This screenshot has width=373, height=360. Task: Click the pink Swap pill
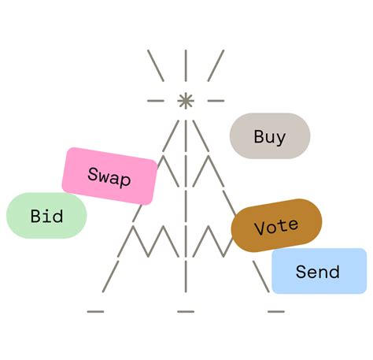[x=109, y=176]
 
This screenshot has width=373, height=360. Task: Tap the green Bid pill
[x=46, y=215]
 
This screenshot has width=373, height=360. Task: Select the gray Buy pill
[x=270, y=136]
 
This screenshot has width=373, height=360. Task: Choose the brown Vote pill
[x=276, y=226]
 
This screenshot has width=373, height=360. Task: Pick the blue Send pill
[x=318, y=272]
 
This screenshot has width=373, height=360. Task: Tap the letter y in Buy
[x=281, y=138]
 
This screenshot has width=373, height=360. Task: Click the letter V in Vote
[x=259, y=230]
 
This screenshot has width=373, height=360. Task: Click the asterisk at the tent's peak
[x=186, y=101]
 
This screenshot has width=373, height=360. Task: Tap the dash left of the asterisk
[x=156, y=101]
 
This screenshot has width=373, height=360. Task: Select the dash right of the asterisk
[x=215, y=101]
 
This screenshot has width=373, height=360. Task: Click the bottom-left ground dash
[x=95, y=310]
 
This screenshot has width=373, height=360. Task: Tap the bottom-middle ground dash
[x=186, y=310]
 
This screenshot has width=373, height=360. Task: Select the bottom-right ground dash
[x=275, y=310]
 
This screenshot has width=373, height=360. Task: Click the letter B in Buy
[x=259, y=136]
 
